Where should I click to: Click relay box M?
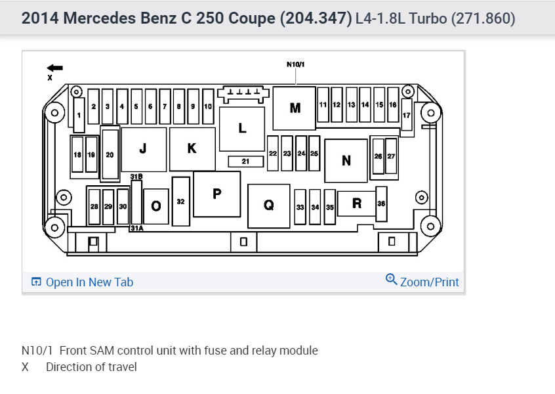(295, 107)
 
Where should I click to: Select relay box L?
(242, 128)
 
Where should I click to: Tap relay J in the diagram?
(143, 149)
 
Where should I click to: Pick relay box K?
(192, 149)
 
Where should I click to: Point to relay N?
(346, 160)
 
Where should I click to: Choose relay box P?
(217, 194)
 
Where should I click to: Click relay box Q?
(269, 206)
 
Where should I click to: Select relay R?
(356, 204)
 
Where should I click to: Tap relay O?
(155, 206)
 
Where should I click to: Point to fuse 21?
(245, 161)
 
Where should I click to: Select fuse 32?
(180, 202)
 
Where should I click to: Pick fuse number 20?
(110, 154)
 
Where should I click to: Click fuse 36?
(381, 204)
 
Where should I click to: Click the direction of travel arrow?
(55, 67)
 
